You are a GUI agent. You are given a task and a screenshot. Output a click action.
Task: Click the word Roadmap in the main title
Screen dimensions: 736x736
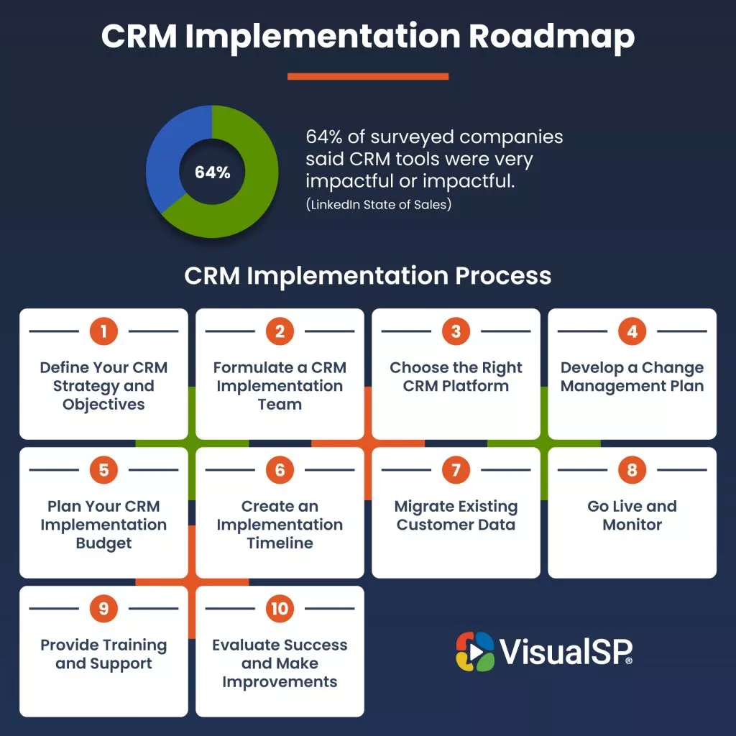551,37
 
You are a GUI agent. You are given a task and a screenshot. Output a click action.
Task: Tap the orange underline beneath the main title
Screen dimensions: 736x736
368,76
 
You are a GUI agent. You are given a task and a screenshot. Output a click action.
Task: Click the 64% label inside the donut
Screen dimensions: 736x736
212,172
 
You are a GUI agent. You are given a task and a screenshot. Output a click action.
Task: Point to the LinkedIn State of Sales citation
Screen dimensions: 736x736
378,205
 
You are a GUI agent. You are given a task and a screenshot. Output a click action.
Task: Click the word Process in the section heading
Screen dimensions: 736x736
503,275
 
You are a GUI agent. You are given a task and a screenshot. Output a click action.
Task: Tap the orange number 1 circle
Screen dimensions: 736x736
103,331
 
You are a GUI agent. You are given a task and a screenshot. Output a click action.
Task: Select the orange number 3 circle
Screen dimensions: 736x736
456,331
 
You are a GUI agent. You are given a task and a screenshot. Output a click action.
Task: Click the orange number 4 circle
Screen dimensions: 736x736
632,331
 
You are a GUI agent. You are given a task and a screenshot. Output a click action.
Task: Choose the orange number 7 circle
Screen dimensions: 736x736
456,469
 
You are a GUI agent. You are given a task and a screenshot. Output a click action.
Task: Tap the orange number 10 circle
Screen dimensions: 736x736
280,608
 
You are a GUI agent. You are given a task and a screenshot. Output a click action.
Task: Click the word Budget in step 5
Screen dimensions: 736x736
103,543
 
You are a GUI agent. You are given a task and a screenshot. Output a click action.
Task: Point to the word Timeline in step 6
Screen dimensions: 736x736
280,543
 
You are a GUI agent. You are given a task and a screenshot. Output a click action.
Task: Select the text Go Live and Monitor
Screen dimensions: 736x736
632,515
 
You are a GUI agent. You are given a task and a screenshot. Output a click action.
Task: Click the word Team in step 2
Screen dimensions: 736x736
280,404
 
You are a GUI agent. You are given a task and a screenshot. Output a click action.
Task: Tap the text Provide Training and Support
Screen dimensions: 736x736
103,654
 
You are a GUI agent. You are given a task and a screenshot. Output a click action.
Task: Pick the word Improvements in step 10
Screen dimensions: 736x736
280,682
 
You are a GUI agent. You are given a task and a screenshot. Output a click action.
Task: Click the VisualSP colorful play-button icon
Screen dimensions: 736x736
475,651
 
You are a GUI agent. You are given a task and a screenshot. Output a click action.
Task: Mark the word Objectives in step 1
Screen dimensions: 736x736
103,405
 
